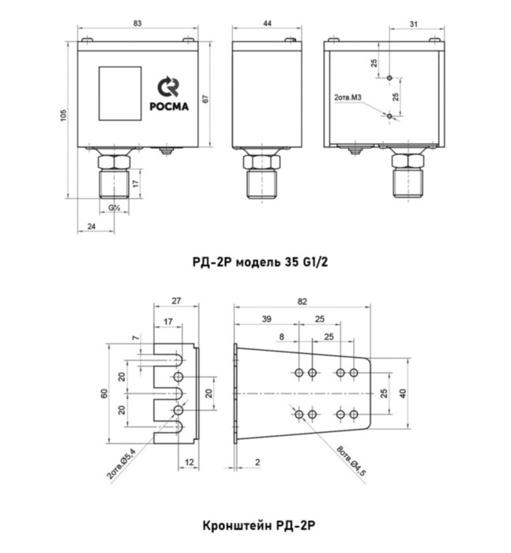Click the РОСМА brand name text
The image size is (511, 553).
click(x=167, y=109)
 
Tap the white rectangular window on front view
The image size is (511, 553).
click(x=113, y=93)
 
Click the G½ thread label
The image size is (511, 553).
click(x=115, y=208)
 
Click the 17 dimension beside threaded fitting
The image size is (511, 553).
click(x=136, y=183)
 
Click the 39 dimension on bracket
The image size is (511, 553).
click(x=266, y=319)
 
